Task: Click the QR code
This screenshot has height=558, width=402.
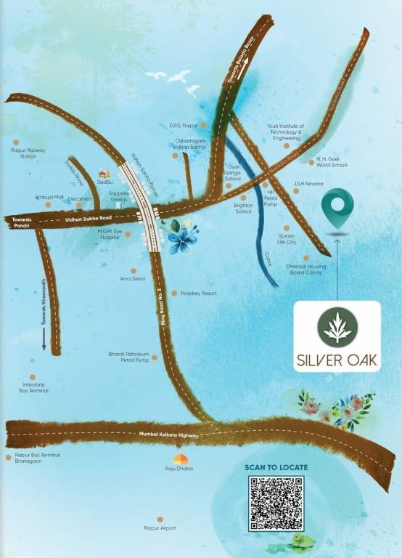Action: coord(276,503)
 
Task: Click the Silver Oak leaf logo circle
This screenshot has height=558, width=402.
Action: coord(337,328)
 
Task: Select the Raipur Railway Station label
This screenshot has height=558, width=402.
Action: coord(28,153)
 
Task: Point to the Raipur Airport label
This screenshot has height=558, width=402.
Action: coord(160,528)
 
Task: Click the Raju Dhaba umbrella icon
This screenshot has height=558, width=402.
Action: coord(179,459)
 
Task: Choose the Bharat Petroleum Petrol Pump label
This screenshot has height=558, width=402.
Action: coord(128,357)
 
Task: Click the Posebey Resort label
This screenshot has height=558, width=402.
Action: coord(199,294)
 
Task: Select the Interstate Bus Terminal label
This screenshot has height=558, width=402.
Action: coord(34,388)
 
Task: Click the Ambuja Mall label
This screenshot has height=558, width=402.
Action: coord(49,197)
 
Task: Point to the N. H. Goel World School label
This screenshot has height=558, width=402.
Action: coord(332,162)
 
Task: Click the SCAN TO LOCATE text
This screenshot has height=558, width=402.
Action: coord(276,467)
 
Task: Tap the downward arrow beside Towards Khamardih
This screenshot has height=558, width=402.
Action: coord(44,339)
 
